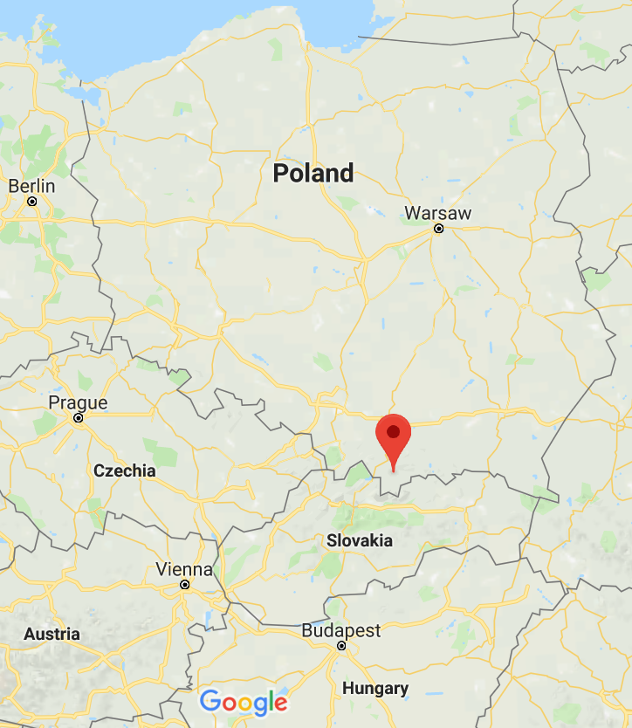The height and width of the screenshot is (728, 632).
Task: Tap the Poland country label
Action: [x=313, y=173]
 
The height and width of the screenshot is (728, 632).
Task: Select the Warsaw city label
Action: [x=437, y=213]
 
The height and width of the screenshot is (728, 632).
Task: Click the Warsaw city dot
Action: [x=438, y=229]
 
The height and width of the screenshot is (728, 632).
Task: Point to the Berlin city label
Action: [x=31, y=186]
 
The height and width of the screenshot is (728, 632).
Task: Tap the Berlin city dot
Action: [x=32, y=202]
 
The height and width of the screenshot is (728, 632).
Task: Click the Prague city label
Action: [x=78, y=402]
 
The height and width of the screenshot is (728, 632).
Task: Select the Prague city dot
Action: [x=78, y=418]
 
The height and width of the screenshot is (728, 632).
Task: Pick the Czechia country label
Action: [x=125, y=470]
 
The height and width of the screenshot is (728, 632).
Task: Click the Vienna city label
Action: [x=183, y=569]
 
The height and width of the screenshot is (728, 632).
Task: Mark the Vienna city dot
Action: [x=184, y=585]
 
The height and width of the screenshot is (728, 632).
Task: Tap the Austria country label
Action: [x=52, y=635]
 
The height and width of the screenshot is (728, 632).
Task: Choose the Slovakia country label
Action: [x=360, y=540]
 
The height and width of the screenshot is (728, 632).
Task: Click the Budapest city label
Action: [x=341, y=630]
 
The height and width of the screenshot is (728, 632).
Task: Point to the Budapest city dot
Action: [x=341, y=646]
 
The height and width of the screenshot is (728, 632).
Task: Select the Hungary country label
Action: [x=374, y=689]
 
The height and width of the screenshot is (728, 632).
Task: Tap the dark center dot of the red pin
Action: [x=394, y=430]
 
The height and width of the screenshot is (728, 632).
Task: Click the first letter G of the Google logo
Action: [x=210, y=701]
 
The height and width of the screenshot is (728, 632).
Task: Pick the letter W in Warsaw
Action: [x=413, y=213]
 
